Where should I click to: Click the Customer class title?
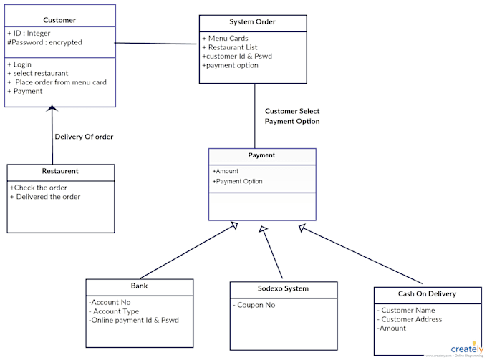click(x=59, y=20)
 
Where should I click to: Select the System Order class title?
click(x=252, y=22)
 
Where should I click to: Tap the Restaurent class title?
click(x=60, y=172)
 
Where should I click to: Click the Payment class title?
click(x=261, y=155)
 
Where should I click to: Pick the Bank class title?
click(x=139, y=286)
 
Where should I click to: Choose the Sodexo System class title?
click(x=283, y=288)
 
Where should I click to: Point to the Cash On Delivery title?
click(x=427, y=293)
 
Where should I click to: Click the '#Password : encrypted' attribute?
click(x=44, y=43)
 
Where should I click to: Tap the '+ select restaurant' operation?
click(x=38, y=73)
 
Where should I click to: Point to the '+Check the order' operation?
click(x=40, y=188)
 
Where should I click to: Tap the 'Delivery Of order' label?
click(x=84, y=137)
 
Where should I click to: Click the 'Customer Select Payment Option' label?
click(x=292, y=116)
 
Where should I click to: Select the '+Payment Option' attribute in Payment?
click(x=237, y=181)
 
